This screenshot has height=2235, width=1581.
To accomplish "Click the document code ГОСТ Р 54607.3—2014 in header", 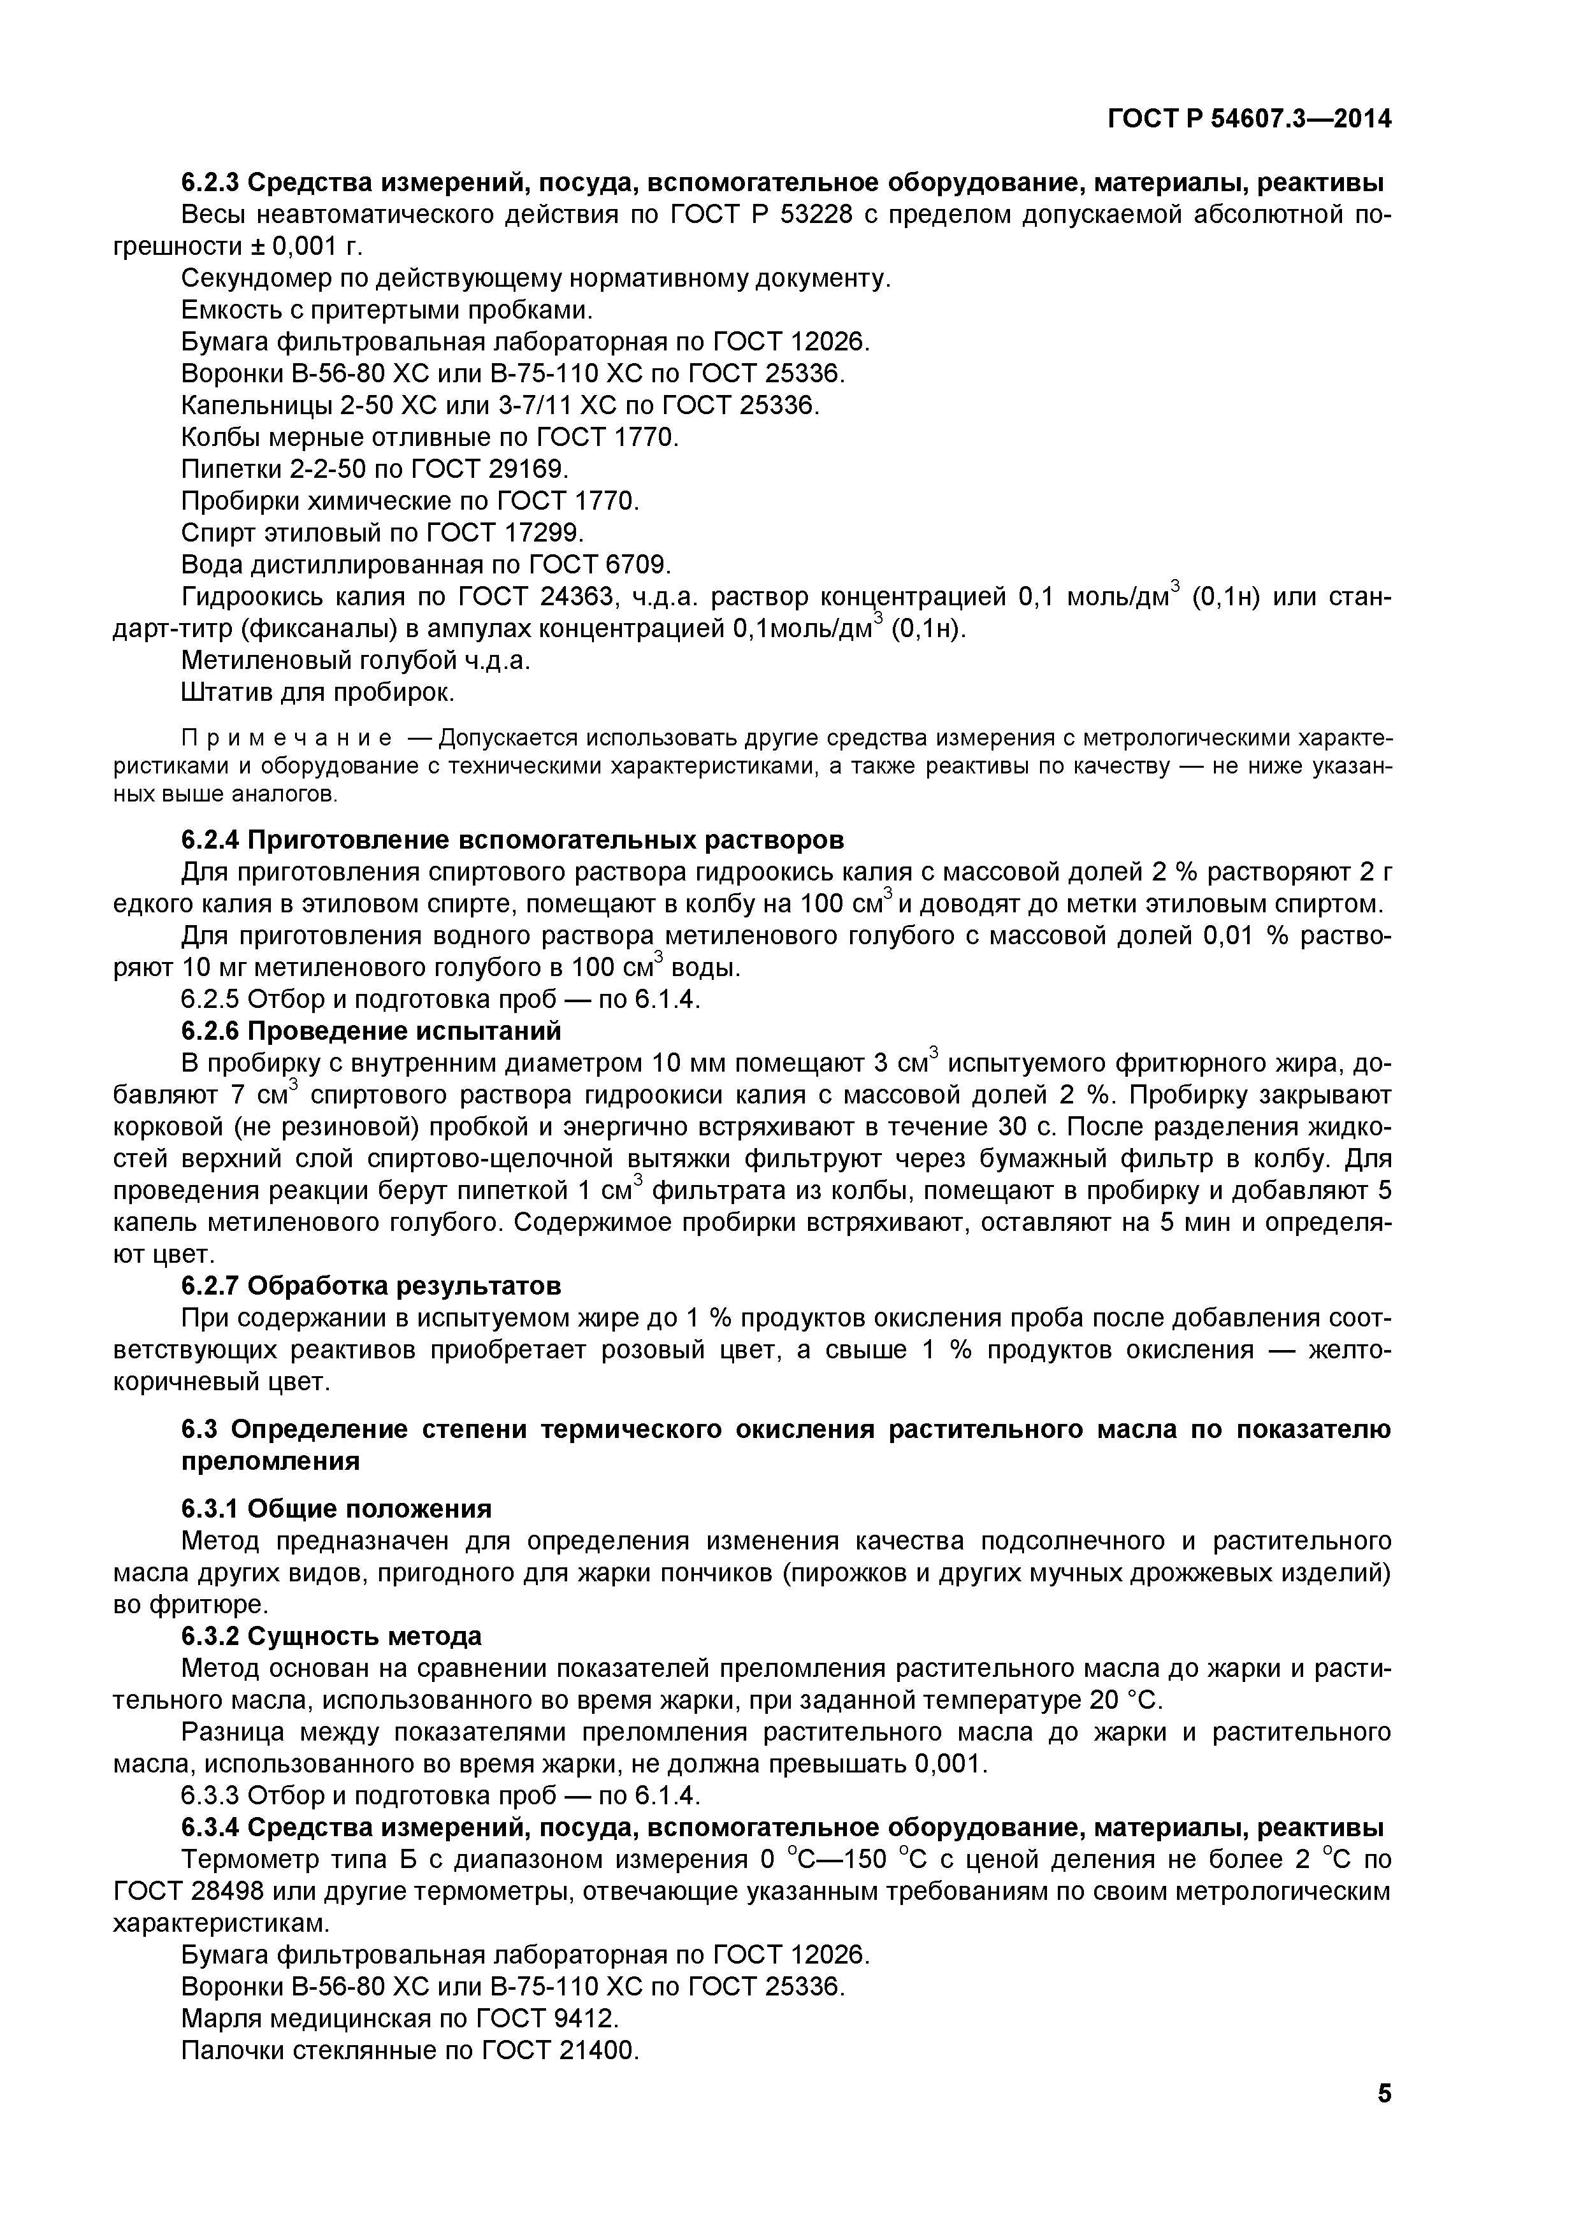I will [x=1250, y=119].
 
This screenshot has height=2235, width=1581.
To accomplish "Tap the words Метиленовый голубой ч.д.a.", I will [x=356, y=660].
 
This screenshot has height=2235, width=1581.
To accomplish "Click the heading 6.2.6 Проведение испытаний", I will [x=372, y=1030].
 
